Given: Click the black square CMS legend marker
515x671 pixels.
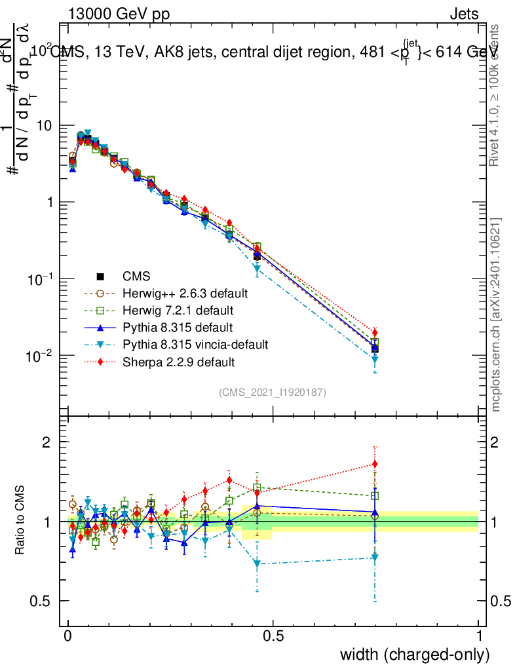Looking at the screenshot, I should pos(101,275).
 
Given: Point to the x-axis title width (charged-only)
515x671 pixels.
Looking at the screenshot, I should pos(415,654).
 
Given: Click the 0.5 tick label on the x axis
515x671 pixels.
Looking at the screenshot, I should pos(273,636).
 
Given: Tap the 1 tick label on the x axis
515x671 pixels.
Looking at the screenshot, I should pos(478,636).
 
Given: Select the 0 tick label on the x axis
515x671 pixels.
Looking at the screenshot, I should pos(68,636).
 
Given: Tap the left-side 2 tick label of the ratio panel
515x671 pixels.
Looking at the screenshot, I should pos(47,442).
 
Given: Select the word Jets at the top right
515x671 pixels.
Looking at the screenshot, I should pos(463,14).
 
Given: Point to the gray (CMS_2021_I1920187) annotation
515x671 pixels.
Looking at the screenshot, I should pos(273,393).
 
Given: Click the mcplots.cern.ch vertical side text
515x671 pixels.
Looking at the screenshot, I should pos(496,315).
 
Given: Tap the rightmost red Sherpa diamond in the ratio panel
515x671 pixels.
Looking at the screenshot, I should pos(375,465).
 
